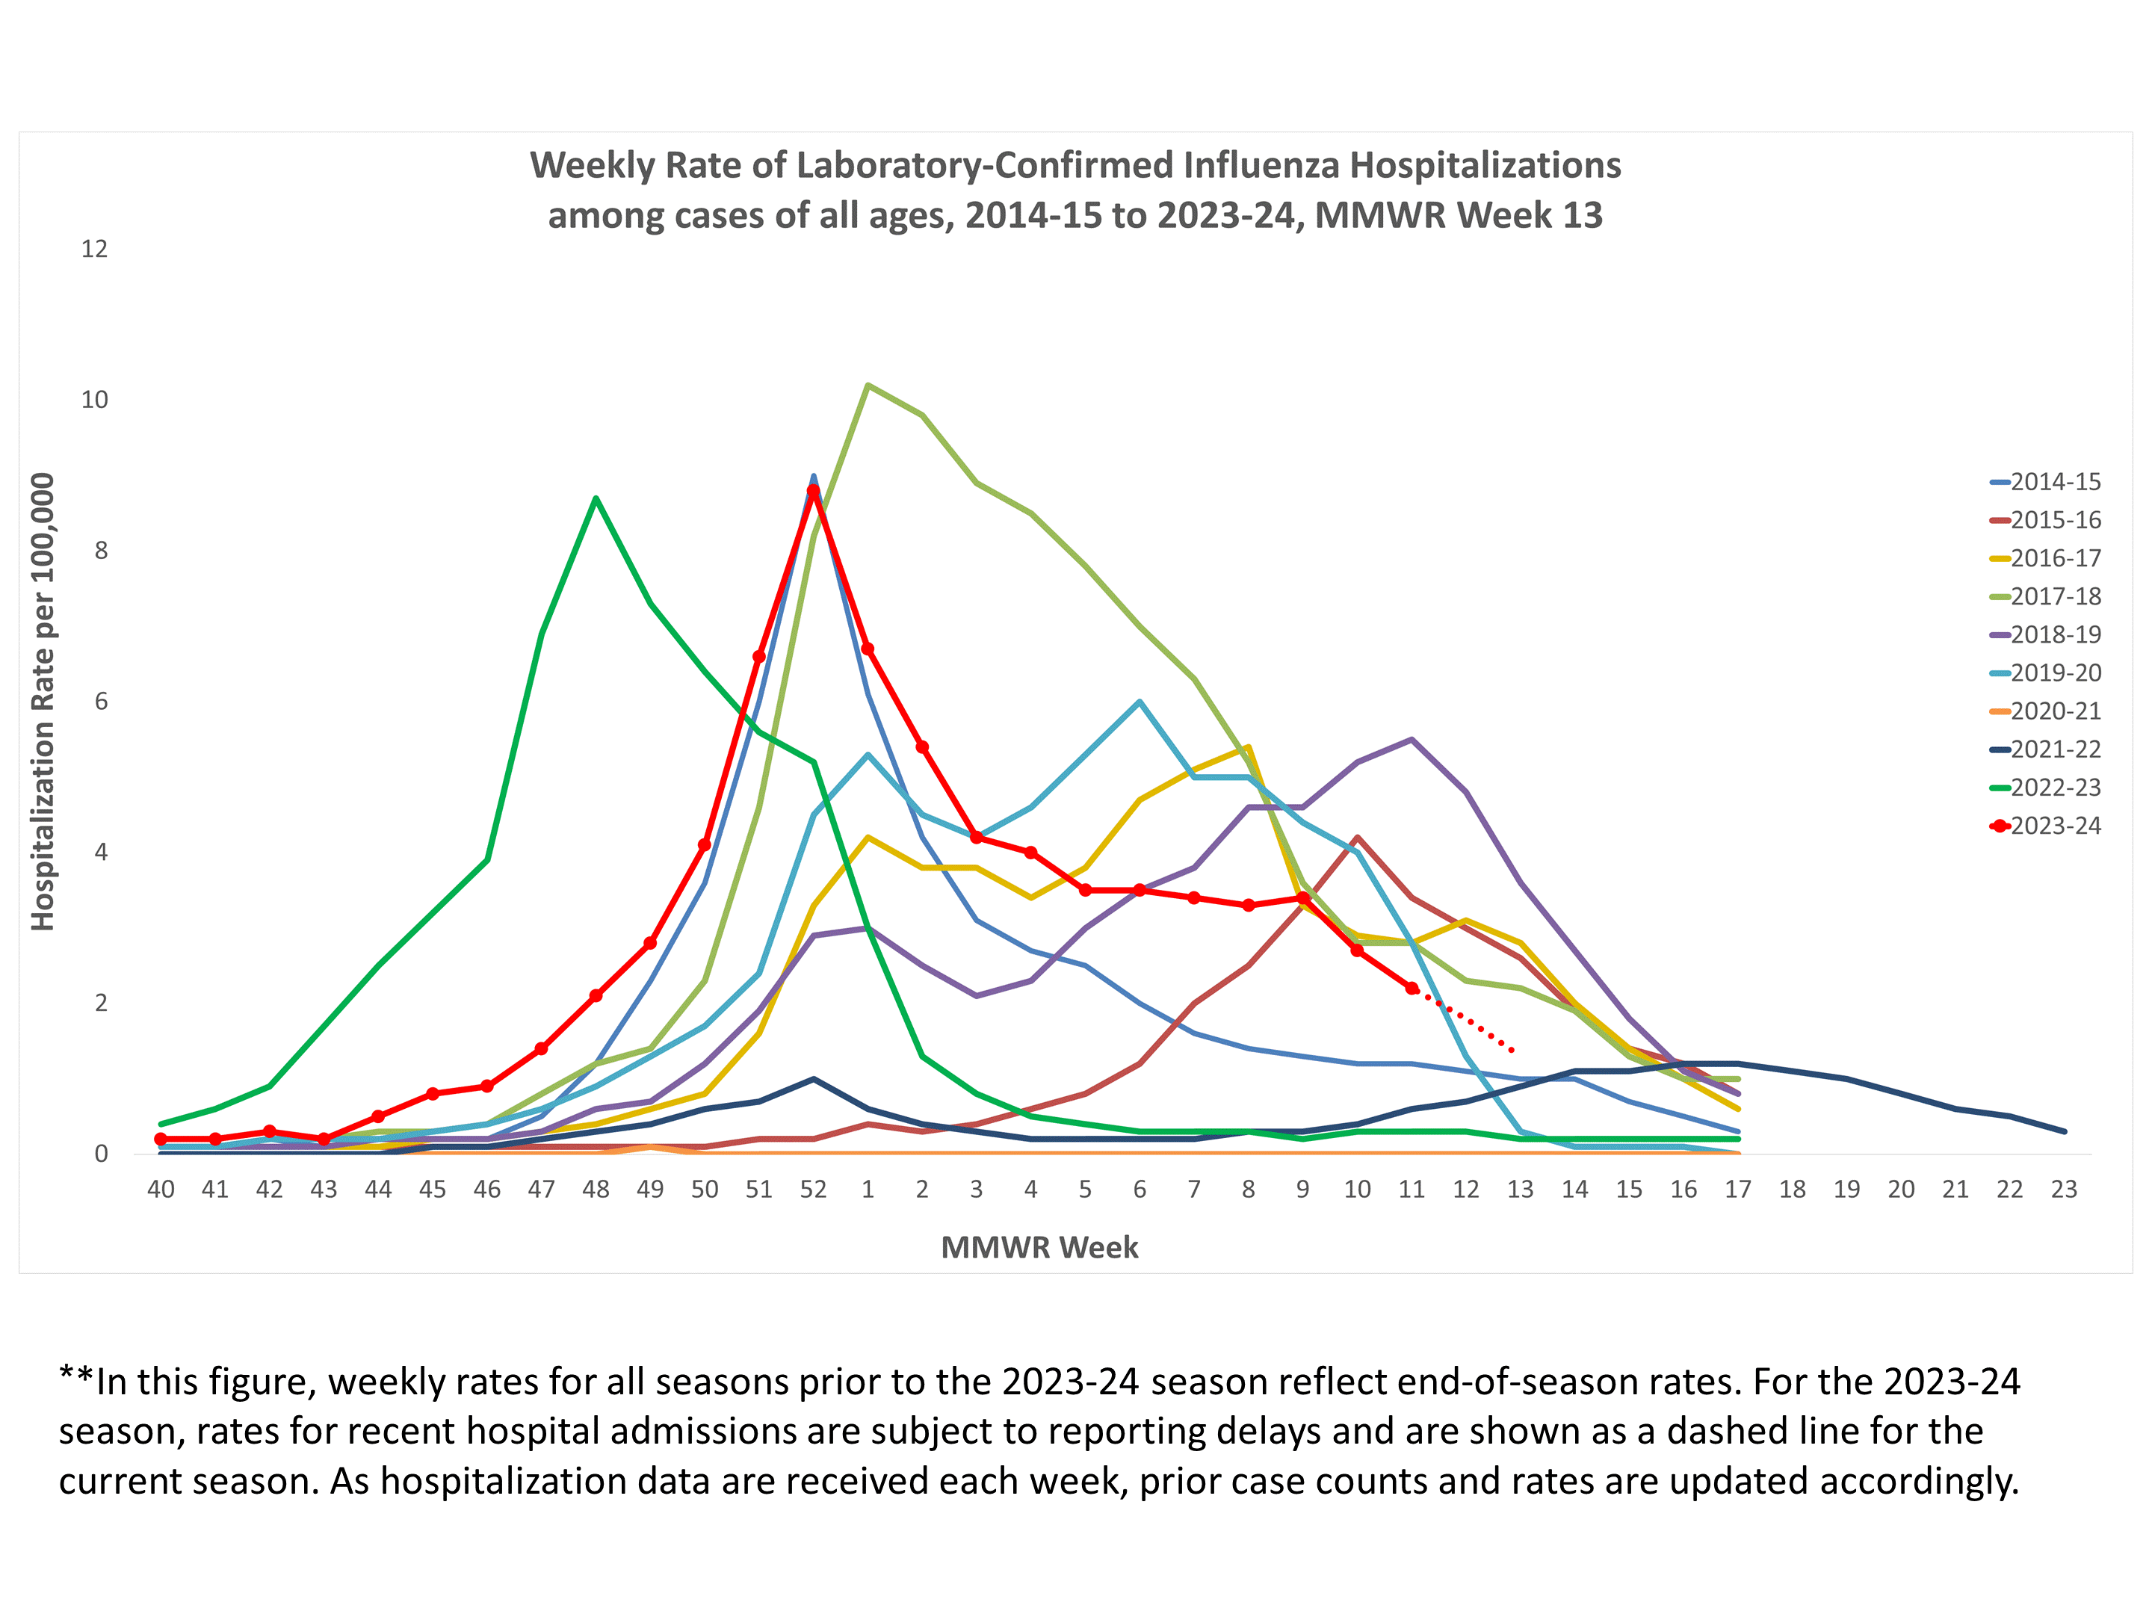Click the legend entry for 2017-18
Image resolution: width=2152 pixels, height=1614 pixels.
point(2053,596)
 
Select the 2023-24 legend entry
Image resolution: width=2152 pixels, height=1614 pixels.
point(2053,826)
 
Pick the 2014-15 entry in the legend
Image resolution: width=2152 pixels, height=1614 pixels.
point(2053,481)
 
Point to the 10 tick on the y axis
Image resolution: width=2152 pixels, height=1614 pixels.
point(94,400)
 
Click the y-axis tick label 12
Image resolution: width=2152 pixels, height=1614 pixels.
point(94,249)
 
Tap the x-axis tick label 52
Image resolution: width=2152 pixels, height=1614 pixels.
point(813,1189)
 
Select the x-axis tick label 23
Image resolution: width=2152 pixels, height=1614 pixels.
point(2064,1189)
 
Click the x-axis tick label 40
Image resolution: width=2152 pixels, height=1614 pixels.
point(161,1189)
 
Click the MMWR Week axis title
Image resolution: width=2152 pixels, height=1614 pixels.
point(1039,1247)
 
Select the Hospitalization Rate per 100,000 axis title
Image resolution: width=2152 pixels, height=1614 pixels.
point(43,702)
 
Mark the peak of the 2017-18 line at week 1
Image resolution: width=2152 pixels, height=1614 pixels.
point(868,386)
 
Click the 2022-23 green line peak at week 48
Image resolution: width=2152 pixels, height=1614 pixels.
point(596,499)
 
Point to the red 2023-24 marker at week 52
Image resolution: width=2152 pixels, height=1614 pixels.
point(813,492)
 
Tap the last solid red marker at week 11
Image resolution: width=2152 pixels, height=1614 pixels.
point(1412,988)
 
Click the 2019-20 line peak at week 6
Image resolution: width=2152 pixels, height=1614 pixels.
point(1140,702)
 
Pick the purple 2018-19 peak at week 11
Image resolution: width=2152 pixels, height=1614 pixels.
point(1412,740)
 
